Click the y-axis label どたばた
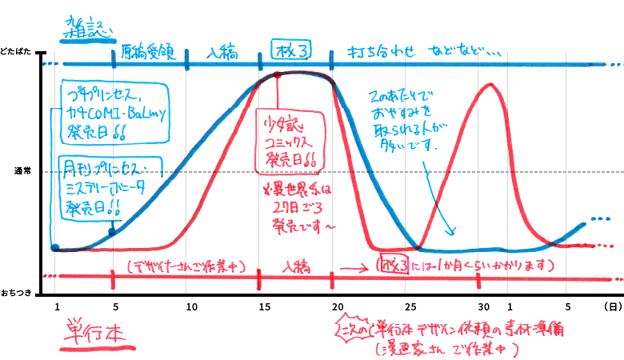pyautogui.click(x=17, y=51)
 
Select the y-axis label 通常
pyautogui.click(x=22, y=171)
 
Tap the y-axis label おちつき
pyautogui.click(x=18, y=293)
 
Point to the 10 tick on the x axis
pyautogui.click(x=190, y=307)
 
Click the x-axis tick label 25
pyautogui.click(x=410, y=307)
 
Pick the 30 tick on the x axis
pyautogui.click(x=483, y=307)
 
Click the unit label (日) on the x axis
pyautogui.click(x=610, y=307)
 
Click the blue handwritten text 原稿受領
pyautogui.click(x=148, y=53)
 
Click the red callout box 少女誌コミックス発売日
pyautogui.click(x=290, y=142)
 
